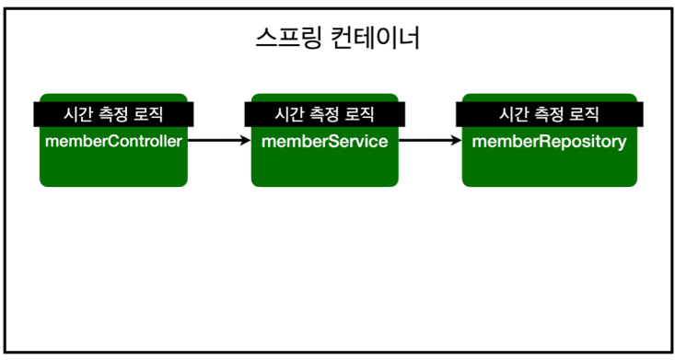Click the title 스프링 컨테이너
[337, 38]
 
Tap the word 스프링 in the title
[288, 38]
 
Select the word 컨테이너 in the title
[375, 38]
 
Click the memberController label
[113, 141]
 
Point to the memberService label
[324, 141]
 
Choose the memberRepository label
[549, 142]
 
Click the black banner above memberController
[113, 114]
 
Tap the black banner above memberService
[324, 114]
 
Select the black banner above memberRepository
[550, 114]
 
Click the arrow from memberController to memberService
[219, 140]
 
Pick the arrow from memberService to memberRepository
[430, 140]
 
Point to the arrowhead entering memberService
[246, 140]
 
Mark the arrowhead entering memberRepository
[457, 140]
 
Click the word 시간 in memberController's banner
[77, 114]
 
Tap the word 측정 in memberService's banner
[324, 114]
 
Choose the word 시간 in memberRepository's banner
[513, 114]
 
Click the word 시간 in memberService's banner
[288, 114]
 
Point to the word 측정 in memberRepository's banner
[549, 114]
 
